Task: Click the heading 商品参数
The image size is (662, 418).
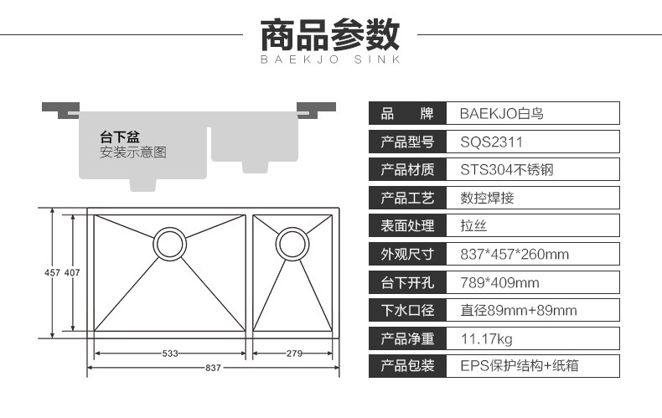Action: pos(329,35)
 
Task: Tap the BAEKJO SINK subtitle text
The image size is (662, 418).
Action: pos(330,59)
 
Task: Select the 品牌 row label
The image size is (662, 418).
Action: pos(407,114)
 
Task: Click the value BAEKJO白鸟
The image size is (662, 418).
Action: pos(502,114)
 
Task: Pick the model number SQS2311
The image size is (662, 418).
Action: pos(491,142)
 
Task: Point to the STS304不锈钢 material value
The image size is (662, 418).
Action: pos(507,170)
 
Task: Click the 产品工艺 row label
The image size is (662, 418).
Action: pos(407,198)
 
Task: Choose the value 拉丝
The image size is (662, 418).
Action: pos(473,226)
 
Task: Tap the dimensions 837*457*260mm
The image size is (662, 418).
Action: pos(515,254)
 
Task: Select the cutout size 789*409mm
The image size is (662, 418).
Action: pos(500,282)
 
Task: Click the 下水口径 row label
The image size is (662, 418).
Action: pos(407,310)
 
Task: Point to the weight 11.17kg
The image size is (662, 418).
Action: pos(486,338)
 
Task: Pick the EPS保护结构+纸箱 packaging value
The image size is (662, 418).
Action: pos(520,365)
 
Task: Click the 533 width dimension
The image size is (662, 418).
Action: pos(170,353)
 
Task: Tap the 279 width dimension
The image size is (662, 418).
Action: pos(294,353)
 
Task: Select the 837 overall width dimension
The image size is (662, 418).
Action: pos(213,368)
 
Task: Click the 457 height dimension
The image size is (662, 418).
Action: pos(52,273)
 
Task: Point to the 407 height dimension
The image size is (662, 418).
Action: pos(72,273)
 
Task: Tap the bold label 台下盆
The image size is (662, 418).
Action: pos(120,137)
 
